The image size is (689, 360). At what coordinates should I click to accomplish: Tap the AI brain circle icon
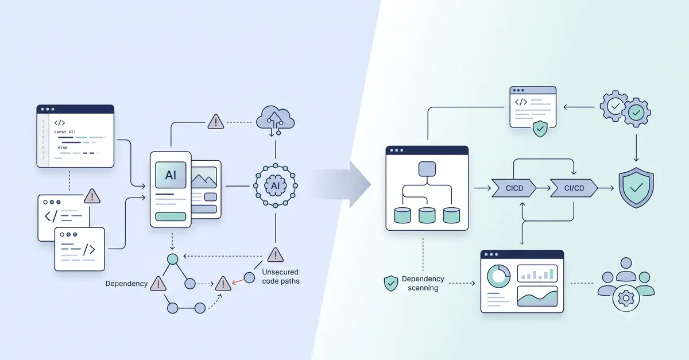(x=275, y=185)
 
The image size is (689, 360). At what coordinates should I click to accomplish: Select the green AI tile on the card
(x=171, y=175)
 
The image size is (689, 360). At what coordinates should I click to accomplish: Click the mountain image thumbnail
(x=204, y=177)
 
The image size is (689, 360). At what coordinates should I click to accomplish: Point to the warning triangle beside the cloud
(x=216, y=122)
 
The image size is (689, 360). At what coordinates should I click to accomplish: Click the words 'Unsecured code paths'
(x=281, y=276)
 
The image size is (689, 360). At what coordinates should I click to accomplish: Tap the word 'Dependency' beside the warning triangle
(x=126, y=284)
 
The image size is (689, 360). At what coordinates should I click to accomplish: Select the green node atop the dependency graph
(x=173, y=259)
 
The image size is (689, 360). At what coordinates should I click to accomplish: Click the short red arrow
(x=238, y=281)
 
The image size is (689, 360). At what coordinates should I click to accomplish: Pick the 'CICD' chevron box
(x=514, y=188)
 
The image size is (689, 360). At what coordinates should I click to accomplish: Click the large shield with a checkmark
(x=636, y=187)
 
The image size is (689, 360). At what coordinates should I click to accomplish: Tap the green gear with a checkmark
(x=636, y=113)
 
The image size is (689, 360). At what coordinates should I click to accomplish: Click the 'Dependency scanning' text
(x=423, y=283)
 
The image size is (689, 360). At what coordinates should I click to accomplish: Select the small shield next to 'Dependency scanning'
(x=390, y=283)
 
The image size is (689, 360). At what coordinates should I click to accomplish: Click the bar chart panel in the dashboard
(x=537, y=273)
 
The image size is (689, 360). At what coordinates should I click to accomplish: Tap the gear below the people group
(x=626, y=298)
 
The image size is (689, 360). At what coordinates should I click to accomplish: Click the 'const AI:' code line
(x=65, y=131)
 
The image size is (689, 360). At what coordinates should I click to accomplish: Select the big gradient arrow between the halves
(x=343, y=185)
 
